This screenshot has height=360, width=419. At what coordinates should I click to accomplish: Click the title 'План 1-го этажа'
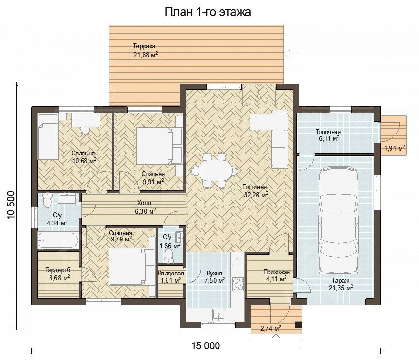coord(207,12)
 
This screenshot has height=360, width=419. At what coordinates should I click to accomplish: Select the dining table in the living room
coord(214,171)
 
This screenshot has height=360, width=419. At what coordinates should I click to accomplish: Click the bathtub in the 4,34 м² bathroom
coord(58,240)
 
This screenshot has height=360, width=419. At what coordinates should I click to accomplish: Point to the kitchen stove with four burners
coord(237,284)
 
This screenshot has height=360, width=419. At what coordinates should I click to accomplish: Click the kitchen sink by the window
coord(219,315)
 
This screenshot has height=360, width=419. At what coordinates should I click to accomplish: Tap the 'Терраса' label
coord(144,46)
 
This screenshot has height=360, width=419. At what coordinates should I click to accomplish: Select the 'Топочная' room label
coord(328,132)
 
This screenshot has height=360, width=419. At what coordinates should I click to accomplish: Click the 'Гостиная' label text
coord(254,187)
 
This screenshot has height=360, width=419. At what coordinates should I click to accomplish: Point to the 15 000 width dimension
coord(206,345)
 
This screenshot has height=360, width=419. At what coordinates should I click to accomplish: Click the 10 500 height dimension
coord(10,205)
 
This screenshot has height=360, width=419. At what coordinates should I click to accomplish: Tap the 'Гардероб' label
coord(58,270)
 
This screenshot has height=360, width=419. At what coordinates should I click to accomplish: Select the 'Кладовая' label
coord(171,274)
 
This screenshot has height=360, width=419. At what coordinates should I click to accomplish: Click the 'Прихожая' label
coord(276,272)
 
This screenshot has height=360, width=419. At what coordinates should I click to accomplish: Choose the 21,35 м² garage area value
coord(341,288)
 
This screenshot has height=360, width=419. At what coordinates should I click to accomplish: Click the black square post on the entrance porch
coord(298,325)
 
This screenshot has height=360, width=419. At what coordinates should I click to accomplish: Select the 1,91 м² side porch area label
coord(395,148)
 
